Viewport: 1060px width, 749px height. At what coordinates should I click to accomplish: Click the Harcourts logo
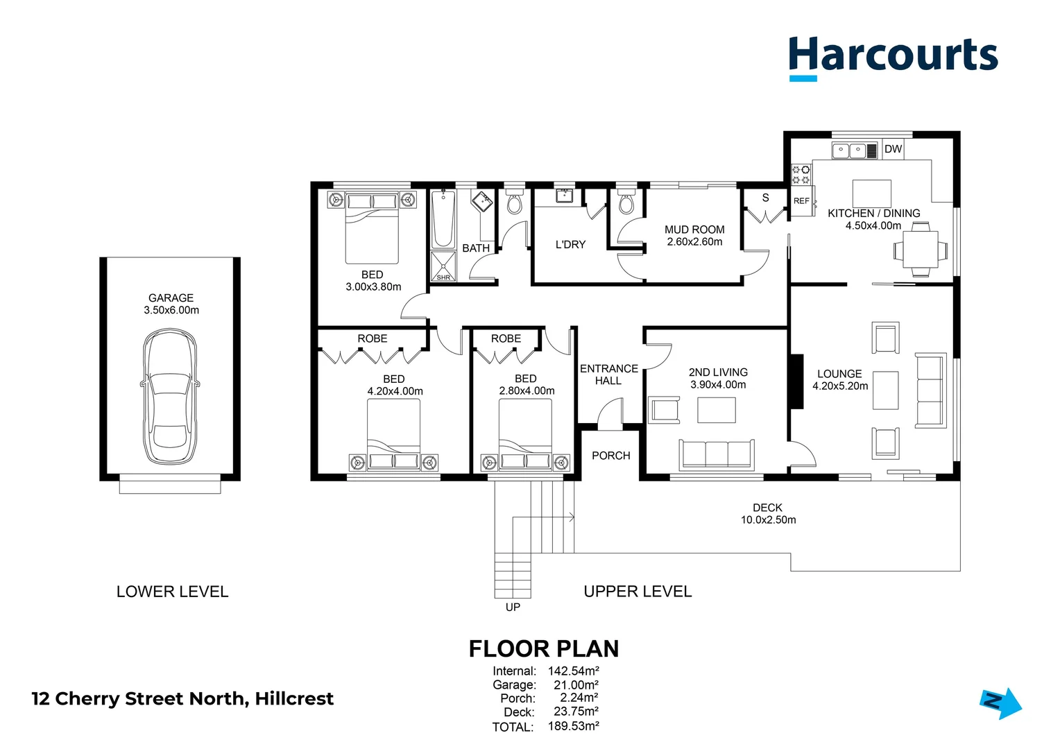click(x=893, y=58)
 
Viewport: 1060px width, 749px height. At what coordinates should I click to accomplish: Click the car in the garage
click(x=170, y=397)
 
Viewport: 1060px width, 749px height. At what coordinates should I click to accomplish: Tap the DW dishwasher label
click(x=893, y=149)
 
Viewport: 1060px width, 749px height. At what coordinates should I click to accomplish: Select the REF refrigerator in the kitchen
click(x=802, y=201)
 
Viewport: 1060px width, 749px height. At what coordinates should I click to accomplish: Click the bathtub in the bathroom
click(x=443, y=219)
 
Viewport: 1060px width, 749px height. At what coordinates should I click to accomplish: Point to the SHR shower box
click(x=443, y=266)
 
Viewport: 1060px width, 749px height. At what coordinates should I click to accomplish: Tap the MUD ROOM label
click(x=694, y=230)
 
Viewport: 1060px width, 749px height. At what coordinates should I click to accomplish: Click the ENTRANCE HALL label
click(x=608, y=374)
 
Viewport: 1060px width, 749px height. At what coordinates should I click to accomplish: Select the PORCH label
click(x=610, y=456)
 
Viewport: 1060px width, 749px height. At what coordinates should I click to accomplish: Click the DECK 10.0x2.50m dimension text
click(x=768, y=519)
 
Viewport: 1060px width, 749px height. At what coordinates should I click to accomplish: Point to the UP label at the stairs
click(x=513, y=607)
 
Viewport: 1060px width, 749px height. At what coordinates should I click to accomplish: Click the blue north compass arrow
click(x=1000, y=703)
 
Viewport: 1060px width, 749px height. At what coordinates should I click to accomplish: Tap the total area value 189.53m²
click(x=573, y=726)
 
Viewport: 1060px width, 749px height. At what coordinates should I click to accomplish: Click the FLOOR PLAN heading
click(x=543, y=648)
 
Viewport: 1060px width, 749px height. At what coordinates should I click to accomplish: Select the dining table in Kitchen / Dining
click(x=920, y=249)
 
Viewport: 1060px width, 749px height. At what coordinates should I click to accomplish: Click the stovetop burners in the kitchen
click(x=801, y=175)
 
